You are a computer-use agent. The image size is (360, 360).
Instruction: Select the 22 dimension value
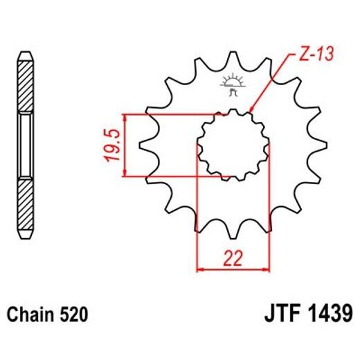coord(233,258)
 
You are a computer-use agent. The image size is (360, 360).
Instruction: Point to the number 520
coord(74,315)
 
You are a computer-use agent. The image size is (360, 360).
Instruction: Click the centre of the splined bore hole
coord(233,145)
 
